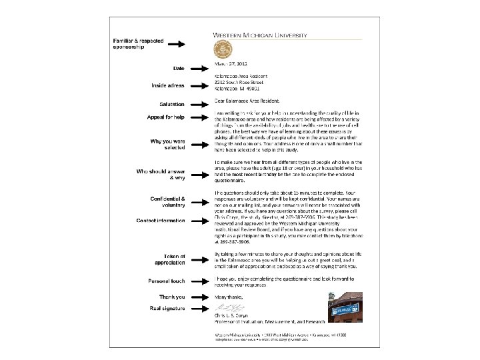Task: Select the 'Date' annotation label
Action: coord(179,69)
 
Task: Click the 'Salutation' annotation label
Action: coord(172,104)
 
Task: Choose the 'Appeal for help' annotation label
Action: coord(165,118)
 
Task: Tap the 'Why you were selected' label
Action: coord(168,145)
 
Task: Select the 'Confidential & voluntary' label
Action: coord(165,202)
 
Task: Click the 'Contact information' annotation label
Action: coord(161,221)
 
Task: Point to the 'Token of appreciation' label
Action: coord(170,260)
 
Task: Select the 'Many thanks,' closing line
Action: coord(229,297)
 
